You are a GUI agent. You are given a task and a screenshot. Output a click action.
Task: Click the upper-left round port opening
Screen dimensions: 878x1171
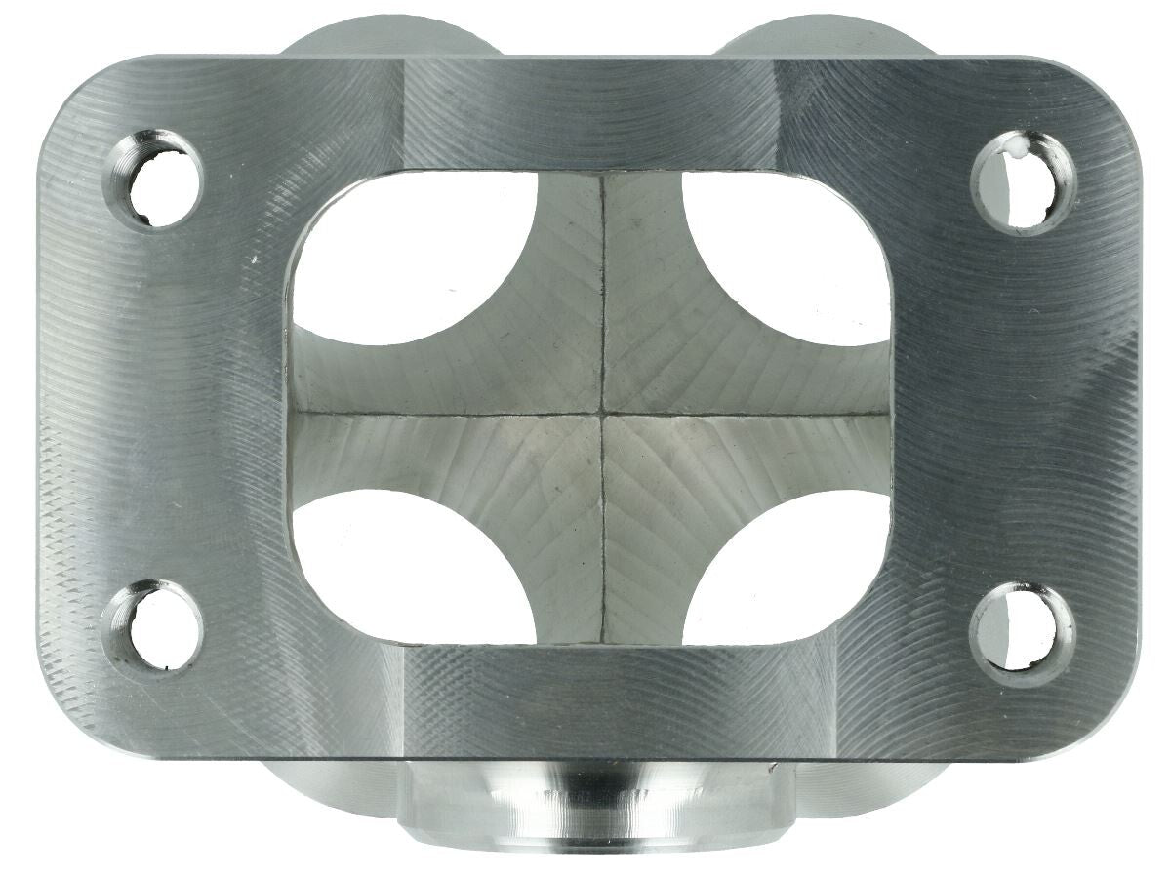pos(410,259)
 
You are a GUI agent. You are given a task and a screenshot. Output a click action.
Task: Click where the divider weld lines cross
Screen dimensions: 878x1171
pos(604,415)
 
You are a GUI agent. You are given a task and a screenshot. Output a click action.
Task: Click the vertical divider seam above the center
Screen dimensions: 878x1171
pos(604,293)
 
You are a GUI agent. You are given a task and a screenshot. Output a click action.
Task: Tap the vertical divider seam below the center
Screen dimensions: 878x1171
pos(604,537)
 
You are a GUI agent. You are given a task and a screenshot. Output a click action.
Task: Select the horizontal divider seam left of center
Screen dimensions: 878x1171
pos(439,414)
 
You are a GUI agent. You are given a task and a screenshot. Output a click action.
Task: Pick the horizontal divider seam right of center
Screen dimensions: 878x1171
pos(751,415)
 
